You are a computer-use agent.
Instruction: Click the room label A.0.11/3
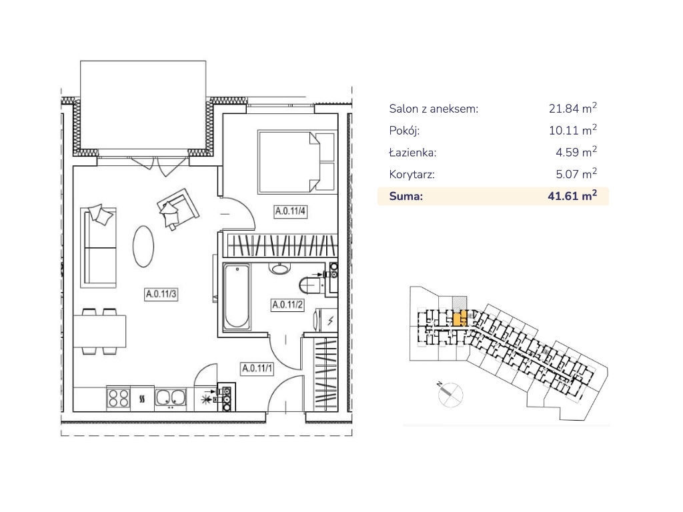[x=161, y=294]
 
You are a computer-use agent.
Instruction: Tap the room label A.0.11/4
[x=290, y=211]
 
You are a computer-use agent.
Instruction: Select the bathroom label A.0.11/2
[x=287, y=304]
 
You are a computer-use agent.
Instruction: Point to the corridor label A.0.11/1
[x=257, y=368]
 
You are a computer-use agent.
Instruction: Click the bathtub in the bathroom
[x=237, y=297]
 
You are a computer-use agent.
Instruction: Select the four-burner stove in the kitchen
[x=119, y=398]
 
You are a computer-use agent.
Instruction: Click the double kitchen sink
[x=171, y=398]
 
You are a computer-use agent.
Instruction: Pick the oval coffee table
[x=143, y=246]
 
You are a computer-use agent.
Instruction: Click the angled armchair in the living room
[x=177, y=209]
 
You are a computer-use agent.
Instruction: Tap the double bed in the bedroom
[x=297, y=161]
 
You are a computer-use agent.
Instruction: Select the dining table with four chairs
[x=100, y=331]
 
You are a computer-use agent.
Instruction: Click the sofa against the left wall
[x=99, y=247]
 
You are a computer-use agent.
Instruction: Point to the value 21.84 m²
[x=572, y=108]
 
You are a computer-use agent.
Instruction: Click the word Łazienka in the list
[x=412, y=153]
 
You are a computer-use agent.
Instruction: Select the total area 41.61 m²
[x=572, y=195]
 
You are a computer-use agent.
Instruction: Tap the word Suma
[x=406, y=197]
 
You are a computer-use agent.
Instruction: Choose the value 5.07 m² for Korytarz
[x=576, y=174]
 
